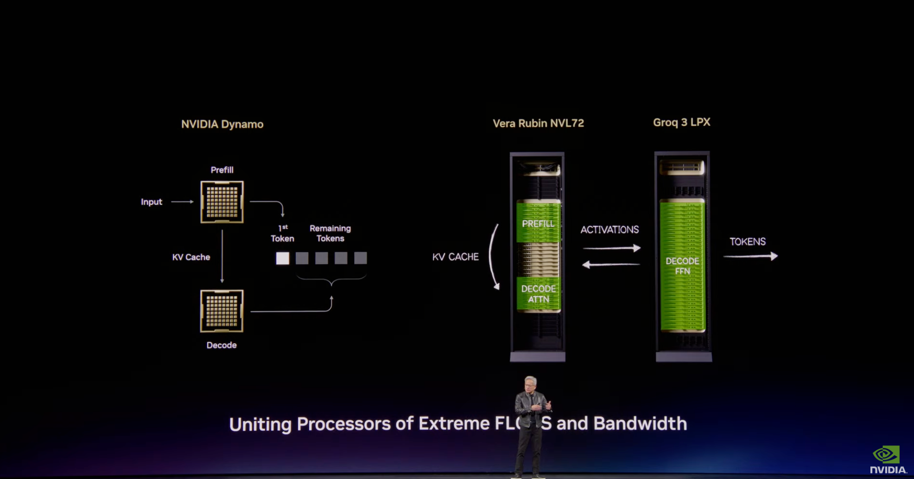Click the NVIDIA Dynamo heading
pyautogui.click(x=222, y=124)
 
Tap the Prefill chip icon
pyautogui.click(x=222, y=202)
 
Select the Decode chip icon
pyautogui.click(x=222, y=311)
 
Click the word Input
pyautogui.click(x=152, y=202)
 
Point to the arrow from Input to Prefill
pyautogui.click(x=182, y=202)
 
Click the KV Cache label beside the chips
pyautogui.click(x=191, y=257)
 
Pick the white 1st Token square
pyautogui.click(x=282, y=258)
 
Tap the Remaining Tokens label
pyautogui.click(x=330, y=233)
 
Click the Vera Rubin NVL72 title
pyautogui.click(x=538, y=123)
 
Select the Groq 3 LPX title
pyautogui.click(x=681, y=123)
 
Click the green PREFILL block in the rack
pyautogui.click(x=538, y=223)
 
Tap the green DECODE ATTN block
pyautogui.click(x=538, y=294)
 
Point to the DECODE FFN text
pyautogui.click(x=682, y=266)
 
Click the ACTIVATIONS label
pyautogui.click(x=609, y=230)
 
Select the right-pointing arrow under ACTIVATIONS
pyautogui.click(x=611, y=248)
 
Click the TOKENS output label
pyautogui.click(x=748, y=242)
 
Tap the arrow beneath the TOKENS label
pyautogui.click(x=750, y=256)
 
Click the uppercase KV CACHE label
pyautogui.click(x=455, y=257)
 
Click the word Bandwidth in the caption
pyautogui.click(x=640, y=424)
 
